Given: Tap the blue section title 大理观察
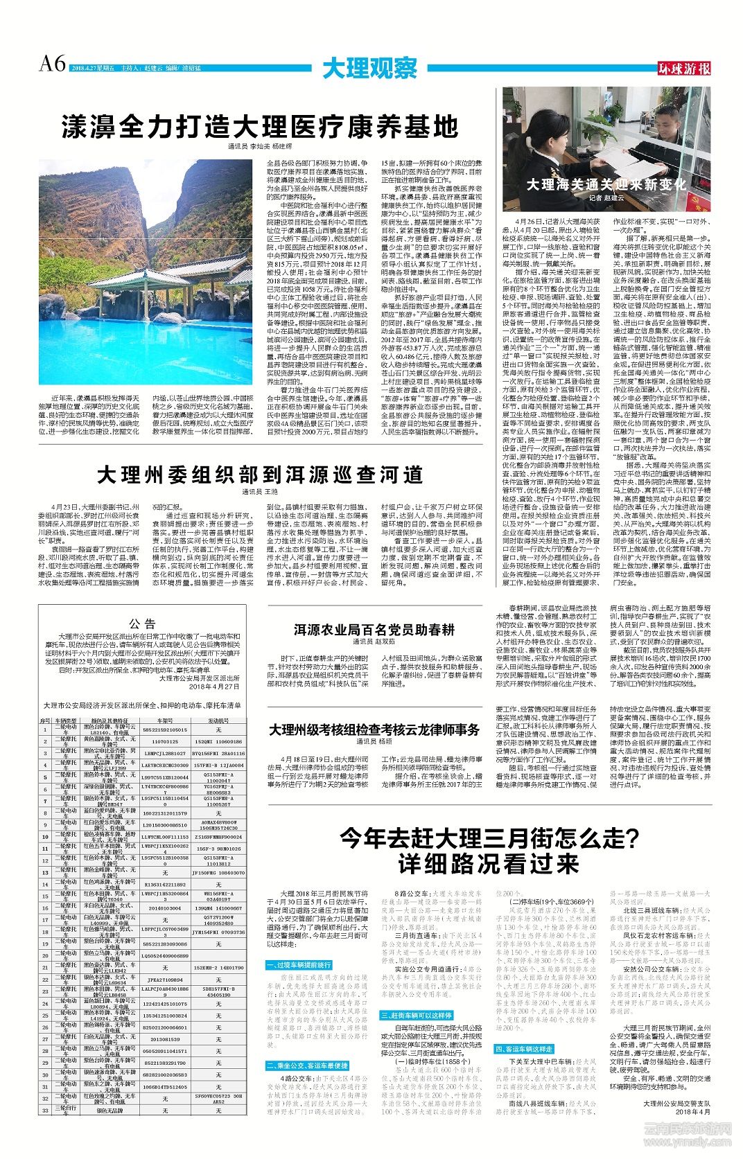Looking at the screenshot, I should point(370,69).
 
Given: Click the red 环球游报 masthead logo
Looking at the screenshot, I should point(684,68).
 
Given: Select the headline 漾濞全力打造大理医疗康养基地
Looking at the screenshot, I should point(260,127).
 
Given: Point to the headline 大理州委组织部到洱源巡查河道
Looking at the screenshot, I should point(260,475).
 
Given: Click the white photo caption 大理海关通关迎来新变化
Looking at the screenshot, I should point(606,184).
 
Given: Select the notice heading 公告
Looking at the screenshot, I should point(142,623).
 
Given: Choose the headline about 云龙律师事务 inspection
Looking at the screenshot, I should point(374,729).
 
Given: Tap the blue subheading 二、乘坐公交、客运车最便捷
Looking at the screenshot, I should point(307,1065).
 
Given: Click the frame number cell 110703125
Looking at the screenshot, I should point(164,741).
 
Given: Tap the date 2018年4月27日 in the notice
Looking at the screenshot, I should point(214,687).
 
